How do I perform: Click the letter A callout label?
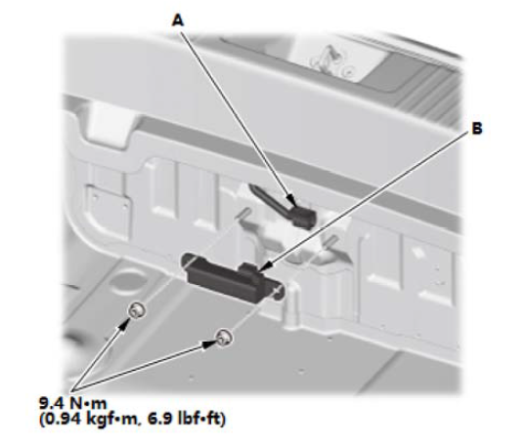click(178, 20)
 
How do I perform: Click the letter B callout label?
click(477, 129)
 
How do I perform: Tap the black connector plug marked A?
click(303, 217)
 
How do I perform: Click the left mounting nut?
click(137, 311)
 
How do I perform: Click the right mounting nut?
click(224, 338)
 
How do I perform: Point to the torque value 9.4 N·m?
click(73, 403)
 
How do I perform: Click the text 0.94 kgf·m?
click(88, 419)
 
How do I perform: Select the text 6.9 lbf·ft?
click(186, 419)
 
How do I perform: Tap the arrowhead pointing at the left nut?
click(123, 324)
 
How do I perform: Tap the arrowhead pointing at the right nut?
click(209, 344)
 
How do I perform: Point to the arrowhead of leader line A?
click(291, 200)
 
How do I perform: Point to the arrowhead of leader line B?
click(266, 266)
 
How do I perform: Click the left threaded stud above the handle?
click(244, 213)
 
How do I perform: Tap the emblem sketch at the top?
click(330, 60)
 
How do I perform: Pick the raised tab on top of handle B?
click(250, 267)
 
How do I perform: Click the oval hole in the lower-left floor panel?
click(122, 283)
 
